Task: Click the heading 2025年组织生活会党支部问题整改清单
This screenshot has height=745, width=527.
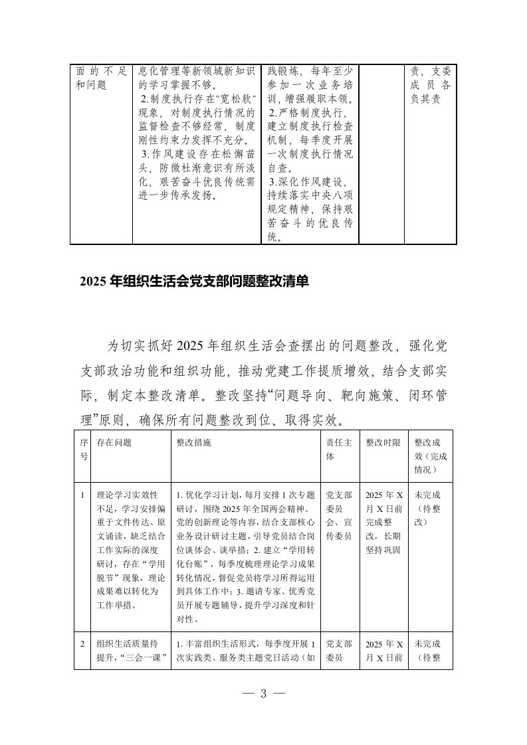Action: (193, 282)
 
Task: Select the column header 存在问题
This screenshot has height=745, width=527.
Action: (114, 442)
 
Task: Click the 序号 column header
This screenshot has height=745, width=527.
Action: (84, 449)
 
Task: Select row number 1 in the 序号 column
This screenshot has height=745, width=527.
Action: (81, 495)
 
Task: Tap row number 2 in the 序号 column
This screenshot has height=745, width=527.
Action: (81, 643)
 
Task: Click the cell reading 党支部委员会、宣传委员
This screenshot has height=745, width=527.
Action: (339, 516)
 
